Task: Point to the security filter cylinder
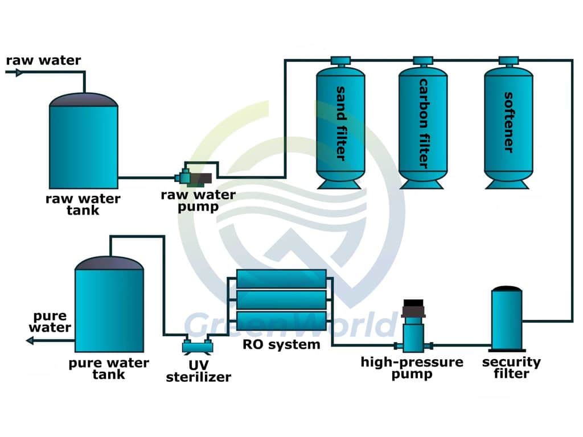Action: coord(507,319)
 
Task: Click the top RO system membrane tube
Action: coord(281,279)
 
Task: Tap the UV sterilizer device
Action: coord(197,345)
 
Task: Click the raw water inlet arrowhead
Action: coord(18,72)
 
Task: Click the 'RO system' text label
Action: coord(281,344)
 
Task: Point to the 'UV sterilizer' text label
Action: coord(198,371)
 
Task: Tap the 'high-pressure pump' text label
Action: coord(412,368)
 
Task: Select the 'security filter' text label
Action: coord(511,368)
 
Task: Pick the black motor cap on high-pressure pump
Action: coord(413,308)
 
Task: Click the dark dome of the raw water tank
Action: coord(83,100)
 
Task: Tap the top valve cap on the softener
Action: coord(508,60)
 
